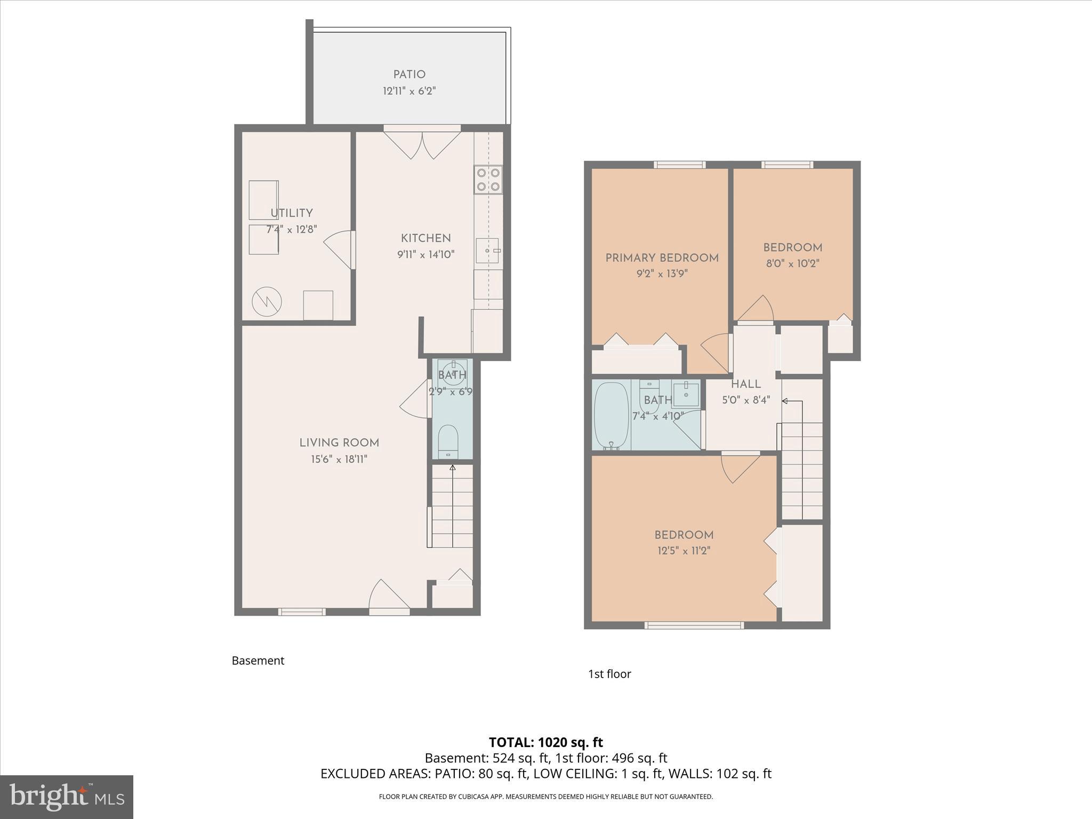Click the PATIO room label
pyautogui.click(x=409, y=75)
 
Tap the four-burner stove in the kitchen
pyautogui.click(x=488, y=180)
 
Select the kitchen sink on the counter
pyautogui.click(x=487, y=251)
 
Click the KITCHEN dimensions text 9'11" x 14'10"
pyautogui.click(x=425, y=254)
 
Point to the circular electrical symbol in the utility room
pyautogui.click(x=267, y=301)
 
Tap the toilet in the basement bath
pyautogui.click(x=448, y=441)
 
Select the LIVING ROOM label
pyautogui.click(x=339, y=443)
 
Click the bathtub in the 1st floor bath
pyautogui.click(x=611, y=416)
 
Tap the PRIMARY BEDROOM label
pyautogui.click(x=662, y=258)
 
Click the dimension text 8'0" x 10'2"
pyautogui.click(x=792, y=263)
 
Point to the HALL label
pyautogui.click(x=745, y=384)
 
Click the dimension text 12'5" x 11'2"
pyautogui.click(x=684, y=551)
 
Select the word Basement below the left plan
pyautogui.click(x=258, y=661)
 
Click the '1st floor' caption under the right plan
pyautogui.click(x=609, y=674)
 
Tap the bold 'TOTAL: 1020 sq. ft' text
pyautogui.click(x=545, y=742)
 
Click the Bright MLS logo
pyautogui.click(x=67, y=797)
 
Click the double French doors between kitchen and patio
pyautogui.click(x=422, y=143)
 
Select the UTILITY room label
pyautogui.click(x=291, y=213)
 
